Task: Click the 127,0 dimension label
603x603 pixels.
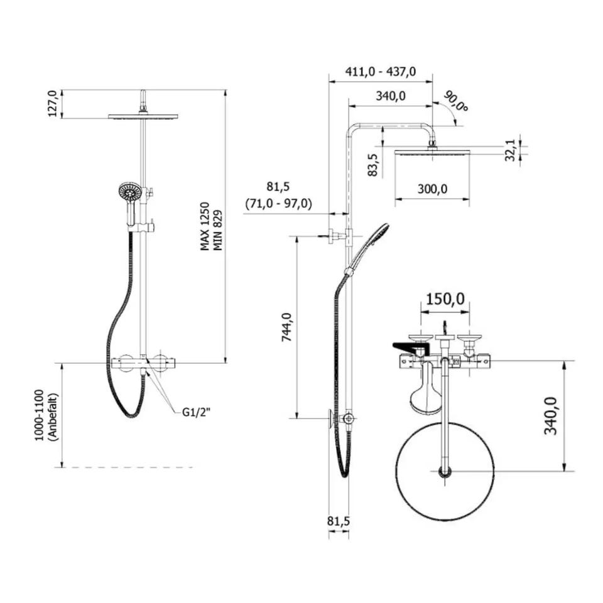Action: click(52, 104)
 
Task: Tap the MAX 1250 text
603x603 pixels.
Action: click(205, 226)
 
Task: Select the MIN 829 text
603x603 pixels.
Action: click(218, 230)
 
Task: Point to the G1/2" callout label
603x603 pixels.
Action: click(197, 412)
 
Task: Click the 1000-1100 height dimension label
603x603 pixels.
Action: click(40, 415)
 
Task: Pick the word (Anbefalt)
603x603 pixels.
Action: click(52, 417)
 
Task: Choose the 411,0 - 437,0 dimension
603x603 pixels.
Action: click(381, 72)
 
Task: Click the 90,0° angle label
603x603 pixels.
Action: click(456, 102)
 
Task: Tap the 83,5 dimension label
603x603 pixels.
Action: click(372, 165)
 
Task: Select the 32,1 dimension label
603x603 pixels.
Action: click(509, 150)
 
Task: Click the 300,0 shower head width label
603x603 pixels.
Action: click(432, 189)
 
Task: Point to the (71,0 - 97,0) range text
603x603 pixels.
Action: click(279, 203)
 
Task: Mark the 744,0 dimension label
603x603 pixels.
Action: click(287, 327)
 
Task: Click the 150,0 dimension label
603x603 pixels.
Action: click(445, 299)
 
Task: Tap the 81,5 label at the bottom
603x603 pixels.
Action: click(339, 521)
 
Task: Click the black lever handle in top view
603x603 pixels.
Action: click(410, 347)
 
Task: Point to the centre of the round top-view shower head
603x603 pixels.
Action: click(445, 471)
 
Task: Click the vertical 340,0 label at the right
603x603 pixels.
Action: click(550, 416)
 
